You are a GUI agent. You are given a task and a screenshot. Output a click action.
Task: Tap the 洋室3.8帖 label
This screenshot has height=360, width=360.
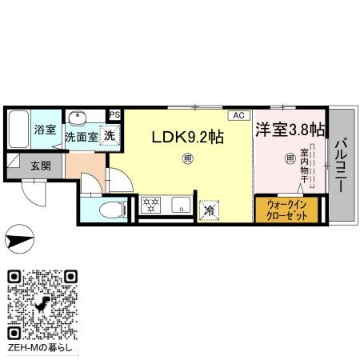[289, 129]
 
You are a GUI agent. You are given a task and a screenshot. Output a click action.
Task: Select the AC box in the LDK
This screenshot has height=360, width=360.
[238, 115]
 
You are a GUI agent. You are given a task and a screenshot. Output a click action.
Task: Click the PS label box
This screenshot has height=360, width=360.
[114, 115]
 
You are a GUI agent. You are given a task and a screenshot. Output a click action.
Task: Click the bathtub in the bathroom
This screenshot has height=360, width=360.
[20, 130]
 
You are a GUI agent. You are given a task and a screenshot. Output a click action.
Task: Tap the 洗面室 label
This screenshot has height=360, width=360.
[81, 137]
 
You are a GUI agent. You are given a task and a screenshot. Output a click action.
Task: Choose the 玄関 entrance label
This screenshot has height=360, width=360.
[41, 166]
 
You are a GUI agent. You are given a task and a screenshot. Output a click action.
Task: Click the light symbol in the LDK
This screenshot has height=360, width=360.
[186, 158]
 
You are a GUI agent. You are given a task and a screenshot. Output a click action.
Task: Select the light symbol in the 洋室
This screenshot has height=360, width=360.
[289, 158]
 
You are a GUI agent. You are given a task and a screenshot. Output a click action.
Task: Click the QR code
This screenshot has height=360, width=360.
[43, 303]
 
